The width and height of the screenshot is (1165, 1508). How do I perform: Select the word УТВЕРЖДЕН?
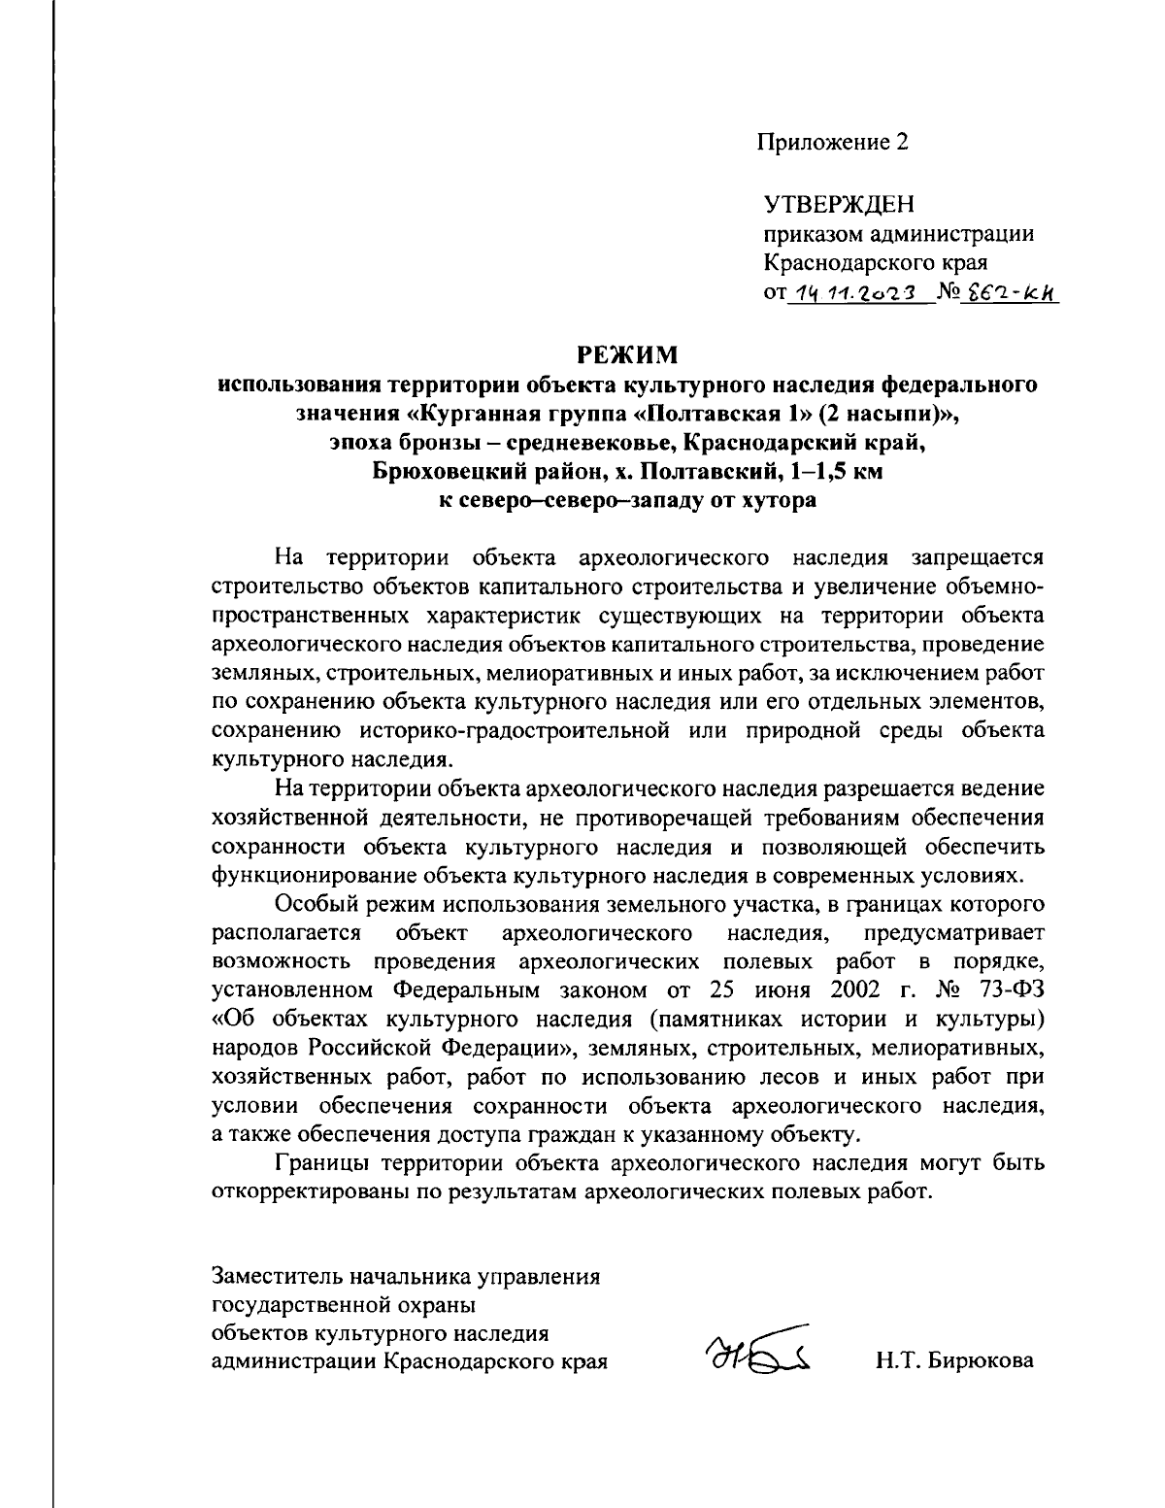click(x=840, y=204)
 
